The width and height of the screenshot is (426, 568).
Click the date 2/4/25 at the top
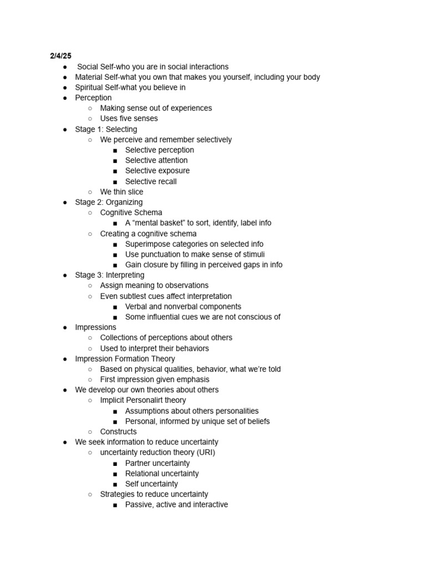coord(60,56)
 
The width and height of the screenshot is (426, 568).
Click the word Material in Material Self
coord(89,77)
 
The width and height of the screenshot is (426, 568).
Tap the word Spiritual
coord(89,88)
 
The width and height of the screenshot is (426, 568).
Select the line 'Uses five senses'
coord(129,119)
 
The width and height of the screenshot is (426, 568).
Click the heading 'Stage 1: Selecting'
coord(106,129)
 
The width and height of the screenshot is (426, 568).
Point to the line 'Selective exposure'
coord(157,171)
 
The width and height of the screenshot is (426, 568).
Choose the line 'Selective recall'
coord(151,181)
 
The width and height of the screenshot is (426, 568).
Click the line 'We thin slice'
coord(121,192)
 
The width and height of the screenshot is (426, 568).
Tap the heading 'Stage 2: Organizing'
coord(109,202)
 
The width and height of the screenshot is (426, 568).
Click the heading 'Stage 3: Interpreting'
coord(109,275)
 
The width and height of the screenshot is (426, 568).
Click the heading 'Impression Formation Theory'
coord(125,359)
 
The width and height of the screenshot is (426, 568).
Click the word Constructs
coord(118,432)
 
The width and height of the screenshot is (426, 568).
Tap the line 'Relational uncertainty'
coord(162,474)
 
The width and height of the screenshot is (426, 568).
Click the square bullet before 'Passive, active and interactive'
coord(114,505)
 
